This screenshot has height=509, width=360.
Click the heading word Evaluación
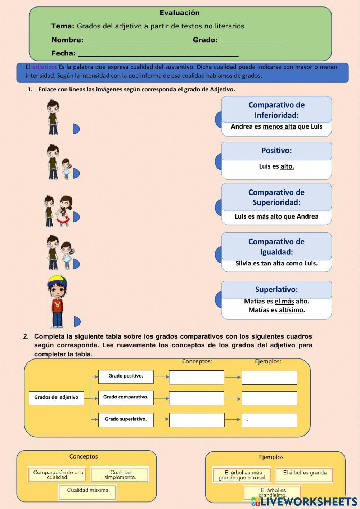tap(180, 13)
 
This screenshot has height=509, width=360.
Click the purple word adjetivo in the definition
tap(44, 67)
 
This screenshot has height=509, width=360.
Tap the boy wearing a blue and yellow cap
tap(57, 301)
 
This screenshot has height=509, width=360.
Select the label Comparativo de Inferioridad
tap(276, 110)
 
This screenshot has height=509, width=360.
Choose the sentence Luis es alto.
tap(276, 166)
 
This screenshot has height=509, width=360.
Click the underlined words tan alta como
tap(282, 263)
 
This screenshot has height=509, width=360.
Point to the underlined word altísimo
tap(291, 310)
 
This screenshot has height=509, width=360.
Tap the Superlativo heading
tap(276, 289)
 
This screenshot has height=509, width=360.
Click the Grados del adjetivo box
tap(56, 397)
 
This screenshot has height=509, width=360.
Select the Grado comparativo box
tap(126, 397)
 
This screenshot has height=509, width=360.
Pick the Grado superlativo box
tap(126, 419)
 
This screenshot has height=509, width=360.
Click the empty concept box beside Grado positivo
tap(197, 377)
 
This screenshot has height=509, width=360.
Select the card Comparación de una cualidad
tap(57, 474)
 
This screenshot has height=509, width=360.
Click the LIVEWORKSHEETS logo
tap(304, 501)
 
